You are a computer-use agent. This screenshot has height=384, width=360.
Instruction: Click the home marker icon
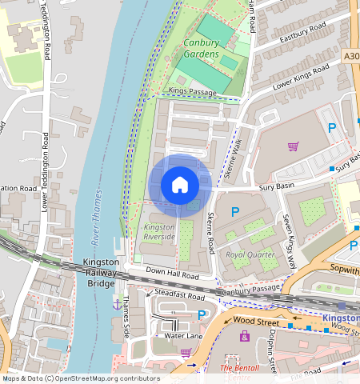point(180,185)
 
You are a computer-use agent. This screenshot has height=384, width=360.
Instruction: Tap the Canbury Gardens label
point(201,48)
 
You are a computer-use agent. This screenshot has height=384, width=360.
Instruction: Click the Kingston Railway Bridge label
point(102,273)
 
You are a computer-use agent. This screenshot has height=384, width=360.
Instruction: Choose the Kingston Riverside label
point(158,233)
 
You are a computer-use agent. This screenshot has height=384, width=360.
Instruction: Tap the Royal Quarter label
point(250,254)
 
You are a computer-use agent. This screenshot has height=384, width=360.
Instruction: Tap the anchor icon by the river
point(117,303)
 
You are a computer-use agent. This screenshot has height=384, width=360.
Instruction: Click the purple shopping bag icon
point(245,336)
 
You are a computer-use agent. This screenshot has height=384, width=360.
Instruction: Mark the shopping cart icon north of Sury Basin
point(293,146)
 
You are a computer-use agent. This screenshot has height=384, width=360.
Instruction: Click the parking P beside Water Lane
point(202,315)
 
